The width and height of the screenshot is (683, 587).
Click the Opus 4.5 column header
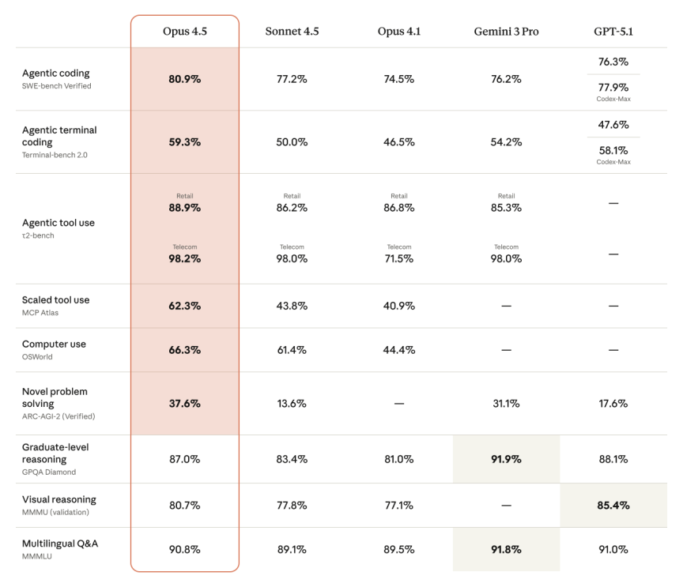(x=184, y=31)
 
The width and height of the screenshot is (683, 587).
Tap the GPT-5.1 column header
(x=613, y=31)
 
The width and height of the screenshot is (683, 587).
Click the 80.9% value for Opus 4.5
(x=184, y=79)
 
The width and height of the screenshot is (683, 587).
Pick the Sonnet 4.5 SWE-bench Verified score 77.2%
(x=292, y=79)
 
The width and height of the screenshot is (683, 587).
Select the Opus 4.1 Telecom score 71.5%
(x=399, y=258)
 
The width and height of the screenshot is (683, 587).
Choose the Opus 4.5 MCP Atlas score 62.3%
(x=184, y=306)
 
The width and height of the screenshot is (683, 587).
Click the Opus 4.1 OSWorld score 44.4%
(x=399, y=350)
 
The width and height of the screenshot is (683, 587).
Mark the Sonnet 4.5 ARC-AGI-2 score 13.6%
(x=292, y=403)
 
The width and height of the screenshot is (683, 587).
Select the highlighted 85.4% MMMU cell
(x=613, y=505)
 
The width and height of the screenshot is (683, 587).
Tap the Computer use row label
(x=55, y=344)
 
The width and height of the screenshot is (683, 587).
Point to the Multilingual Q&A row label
(x=60, y=544)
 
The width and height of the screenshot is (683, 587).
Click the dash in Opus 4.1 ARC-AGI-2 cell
(x=399, y=403)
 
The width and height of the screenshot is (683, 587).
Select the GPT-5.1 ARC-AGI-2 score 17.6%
(x=613, y=403)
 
